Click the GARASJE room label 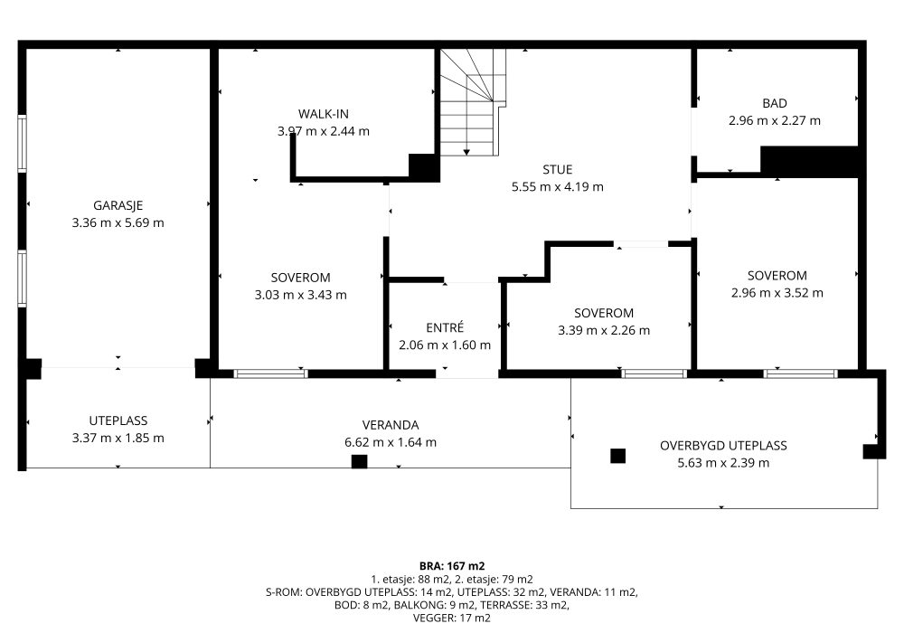tap(118, 205)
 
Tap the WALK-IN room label tap(324, 114)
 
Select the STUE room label tap(558, 169)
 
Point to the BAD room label tap(775, 103)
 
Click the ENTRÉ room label tap(445, 327)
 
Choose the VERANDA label tap(391, 425)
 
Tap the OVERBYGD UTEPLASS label tap(723, 446)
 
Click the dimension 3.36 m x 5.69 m tap(118, 222)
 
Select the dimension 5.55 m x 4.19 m tap(558, 187)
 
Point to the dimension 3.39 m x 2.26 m tap(604, 330)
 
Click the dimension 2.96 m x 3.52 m tap(777, 293)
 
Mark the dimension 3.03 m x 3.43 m tap(300, 295)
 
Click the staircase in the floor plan tap(474, 102)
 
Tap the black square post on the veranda tap(359, 461)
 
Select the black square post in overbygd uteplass tap(618, 456)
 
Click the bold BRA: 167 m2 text tap(452, 566)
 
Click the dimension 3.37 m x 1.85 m tap(118, 439)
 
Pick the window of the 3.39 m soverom tap(654, 373)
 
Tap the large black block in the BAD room tap(809, 162)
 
